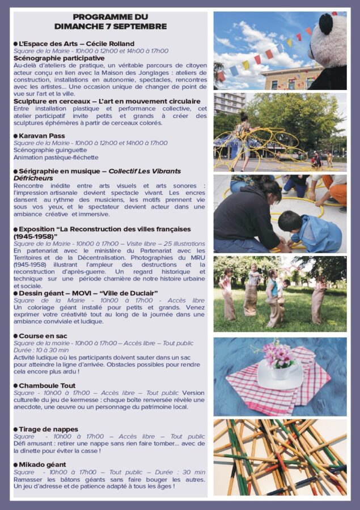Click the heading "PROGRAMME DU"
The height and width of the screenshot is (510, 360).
pyautogui.click(x=111, y=17)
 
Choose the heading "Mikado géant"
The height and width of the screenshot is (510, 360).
pyautogui.click(x=42, y=465)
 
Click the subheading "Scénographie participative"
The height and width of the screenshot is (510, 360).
pyautogui.click(x=59, y=58)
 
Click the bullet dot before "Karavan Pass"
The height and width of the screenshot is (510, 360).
pyautogui.click(x=16, y=137)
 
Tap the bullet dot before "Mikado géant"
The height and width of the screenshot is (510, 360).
pyautogui.click(x=16, y=465)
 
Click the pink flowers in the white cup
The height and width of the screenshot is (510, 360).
pyautogui.click(x=278, y=355)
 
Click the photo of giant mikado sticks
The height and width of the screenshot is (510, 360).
pyautogui.click(x=279, y=457)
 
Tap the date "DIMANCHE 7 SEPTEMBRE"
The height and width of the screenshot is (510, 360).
pyautogui.click(x=111, y=27)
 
